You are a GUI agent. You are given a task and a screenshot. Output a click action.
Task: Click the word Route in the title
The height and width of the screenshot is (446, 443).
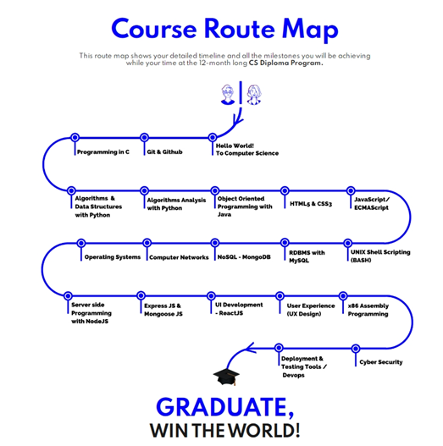tap(240, 29)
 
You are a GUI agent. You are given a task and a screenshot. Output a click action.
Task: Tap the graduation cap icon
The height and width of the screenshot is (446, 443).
tap(226, 377)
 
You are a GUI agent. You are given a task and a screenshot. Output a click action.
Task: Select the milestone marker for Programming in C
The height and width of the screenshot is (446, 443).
tap(75, 137)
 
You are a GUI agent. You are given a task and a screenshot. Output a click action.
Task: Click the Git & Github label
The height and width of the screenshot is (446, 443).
tap(164, 151)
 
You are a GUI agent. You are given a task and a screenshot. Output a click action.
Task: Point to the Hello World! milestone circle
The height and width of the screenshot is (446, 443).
tap(213, 137)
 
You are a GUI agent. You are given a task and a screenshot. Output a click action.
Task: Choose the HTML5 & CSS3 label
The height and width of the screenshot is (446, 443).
tap(311, 204)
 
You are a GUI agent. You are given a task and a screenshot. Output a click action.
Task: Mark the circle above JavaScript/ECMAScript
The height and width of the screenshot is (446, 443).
tap(351, 190)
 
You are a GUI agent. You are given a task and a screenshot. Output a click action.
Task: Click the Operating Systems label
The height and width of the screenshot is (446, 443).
tap(113, 257)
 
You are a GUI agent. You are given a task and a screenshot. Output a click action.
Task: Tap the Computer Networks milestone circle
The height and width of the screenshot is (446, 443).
tap(147, 243)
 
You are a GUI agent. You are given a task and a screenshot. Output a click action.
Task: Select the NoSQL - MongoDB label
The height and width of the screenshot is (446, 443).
tap(244, 257)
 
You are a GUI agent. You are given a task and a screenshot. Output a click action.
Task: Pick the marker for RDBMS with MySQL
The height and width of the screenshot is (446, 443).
tap(285, 242)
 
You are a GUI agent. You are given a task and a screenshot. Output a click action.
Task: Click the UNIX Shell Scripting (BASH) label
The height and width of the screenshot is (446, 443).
tap(380, 256)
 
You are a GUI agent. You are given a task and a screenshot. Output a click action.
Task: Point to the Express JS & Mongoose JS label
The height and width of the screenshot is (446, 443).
tap(163, 310)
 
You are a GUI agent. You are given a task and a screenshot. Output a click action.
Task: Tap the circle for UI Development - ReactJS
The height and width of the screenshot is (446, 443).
tap(211, 295)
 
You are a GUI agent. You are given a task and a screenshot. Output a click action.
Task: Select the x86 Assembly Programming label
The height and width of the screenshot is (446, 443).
tap(368, 310)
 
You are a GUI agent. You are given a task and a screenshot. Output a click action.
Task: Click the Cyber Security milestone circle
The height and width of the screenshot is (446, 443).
tap(355, 348)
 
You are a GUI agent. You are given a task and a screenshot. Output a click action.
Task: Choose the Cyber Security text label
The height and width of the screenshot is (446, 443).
tap(381, 362)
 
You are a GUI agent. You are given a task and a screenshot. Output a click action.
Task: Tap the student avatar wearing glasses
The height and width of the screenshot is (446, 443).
tap(228, 95)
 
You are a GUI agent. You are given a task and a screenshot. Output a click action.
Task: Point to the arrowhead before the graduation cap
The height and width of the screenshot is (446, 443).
tap(251, 348)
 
